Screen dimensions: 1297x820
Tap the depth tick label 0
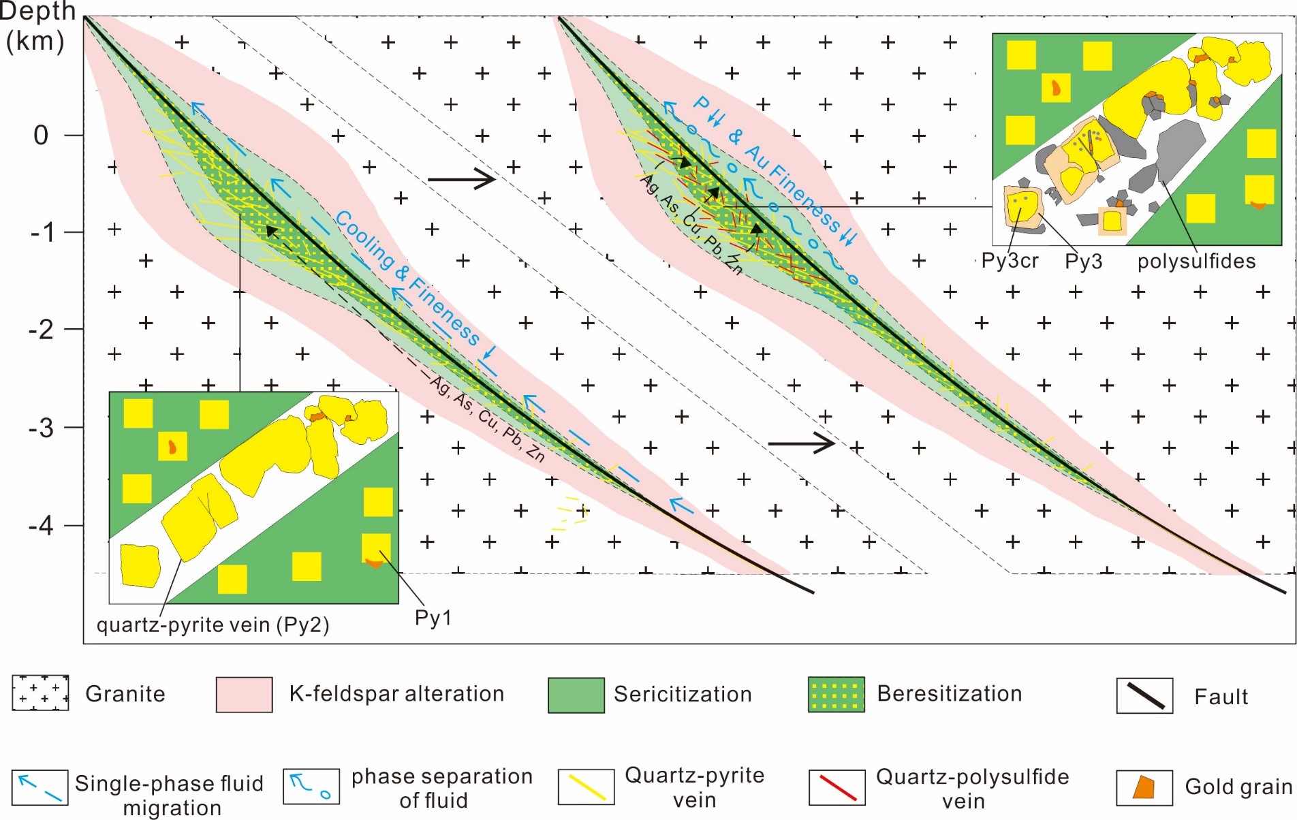click(41, 136)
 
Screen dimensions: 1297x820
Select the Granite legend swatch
click(40, 693)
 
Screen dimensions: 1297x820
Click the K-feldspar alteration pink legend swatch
click(245, 695)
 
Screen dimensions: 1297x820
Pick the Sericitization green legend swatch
click(576, 695)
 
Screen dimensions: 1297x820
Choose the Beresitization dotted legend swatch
click(837, 695)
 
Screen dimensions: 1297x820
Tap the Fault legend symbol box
click(1144, 695)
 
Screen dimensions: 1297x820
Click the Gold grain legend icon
click(1144, 787)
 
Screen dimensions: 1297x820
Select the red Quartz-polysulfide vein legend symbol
click(837, 787)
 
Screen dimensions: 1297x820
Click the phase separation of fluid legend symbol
click(311, 787)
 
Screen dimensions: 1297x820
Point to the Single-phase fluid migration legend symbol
click(40, 787)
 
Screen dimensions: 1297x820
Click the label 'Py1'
click(433, 618)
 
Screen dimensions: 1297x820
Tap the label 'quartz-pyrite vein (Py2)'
click(213, 625)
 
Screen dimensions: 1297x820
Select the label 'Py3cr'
click(1010, 261)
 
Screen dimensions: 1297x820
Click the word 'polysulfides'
click(1196, 262)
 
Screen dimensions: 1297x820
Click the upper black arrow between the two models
click(461, 180)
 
